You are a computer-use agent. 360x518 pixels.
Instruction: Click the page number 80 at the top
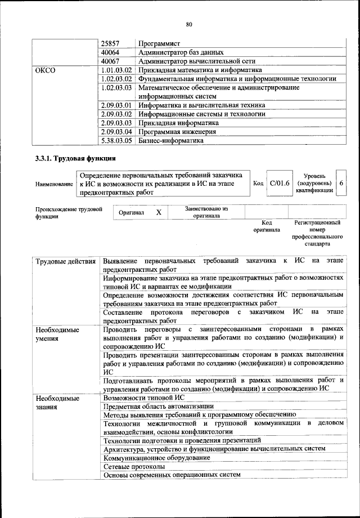click(x=188, y=24)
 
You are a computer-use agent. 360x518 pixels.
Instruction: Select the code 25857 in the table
click(x=111, y=43)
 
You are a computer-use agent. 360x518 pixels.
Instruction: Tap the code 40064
click(x=111, y=52)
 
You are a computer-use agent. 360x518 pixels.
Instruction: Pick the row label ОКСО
click(x=46, y=70)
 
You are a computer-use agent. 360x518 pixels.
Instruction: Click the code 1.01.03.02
click(x=116, y=70)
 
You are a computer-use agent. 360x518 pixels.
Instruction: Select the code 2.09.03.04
click(x=116, y=132)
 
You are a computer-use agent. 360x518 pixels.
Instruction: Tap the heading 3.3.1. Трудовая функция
click(x=75, y=158)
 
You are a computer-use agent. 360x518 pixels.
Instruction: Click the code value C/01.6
click(x=280, y=184)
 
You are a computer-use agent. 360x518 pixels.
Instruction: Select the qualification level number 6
click(x=341, y=184)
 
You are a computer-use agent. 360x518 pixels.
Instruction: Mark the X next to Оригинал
click(x=159, y=213)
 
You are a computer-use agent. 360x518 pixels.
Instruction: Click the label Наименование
click(x=54, y=184)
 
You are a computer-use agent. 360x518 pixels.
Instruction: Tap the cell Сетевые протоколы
click(x=134, y=467)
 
